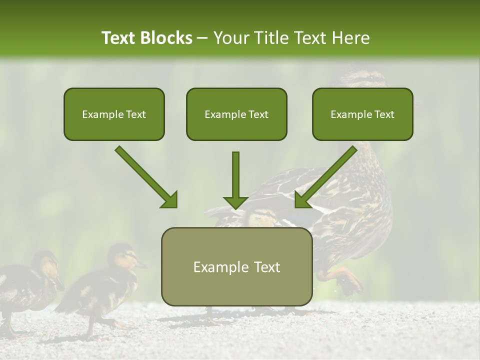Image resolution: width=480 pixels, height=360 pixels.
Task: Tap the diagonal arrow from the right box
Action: point(325,177)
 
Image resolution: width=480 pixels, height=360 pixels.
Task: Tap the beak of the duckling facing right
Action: point(142,264)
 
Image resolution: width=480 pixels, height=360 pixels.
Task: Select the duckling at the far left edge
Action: point(25,285)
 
